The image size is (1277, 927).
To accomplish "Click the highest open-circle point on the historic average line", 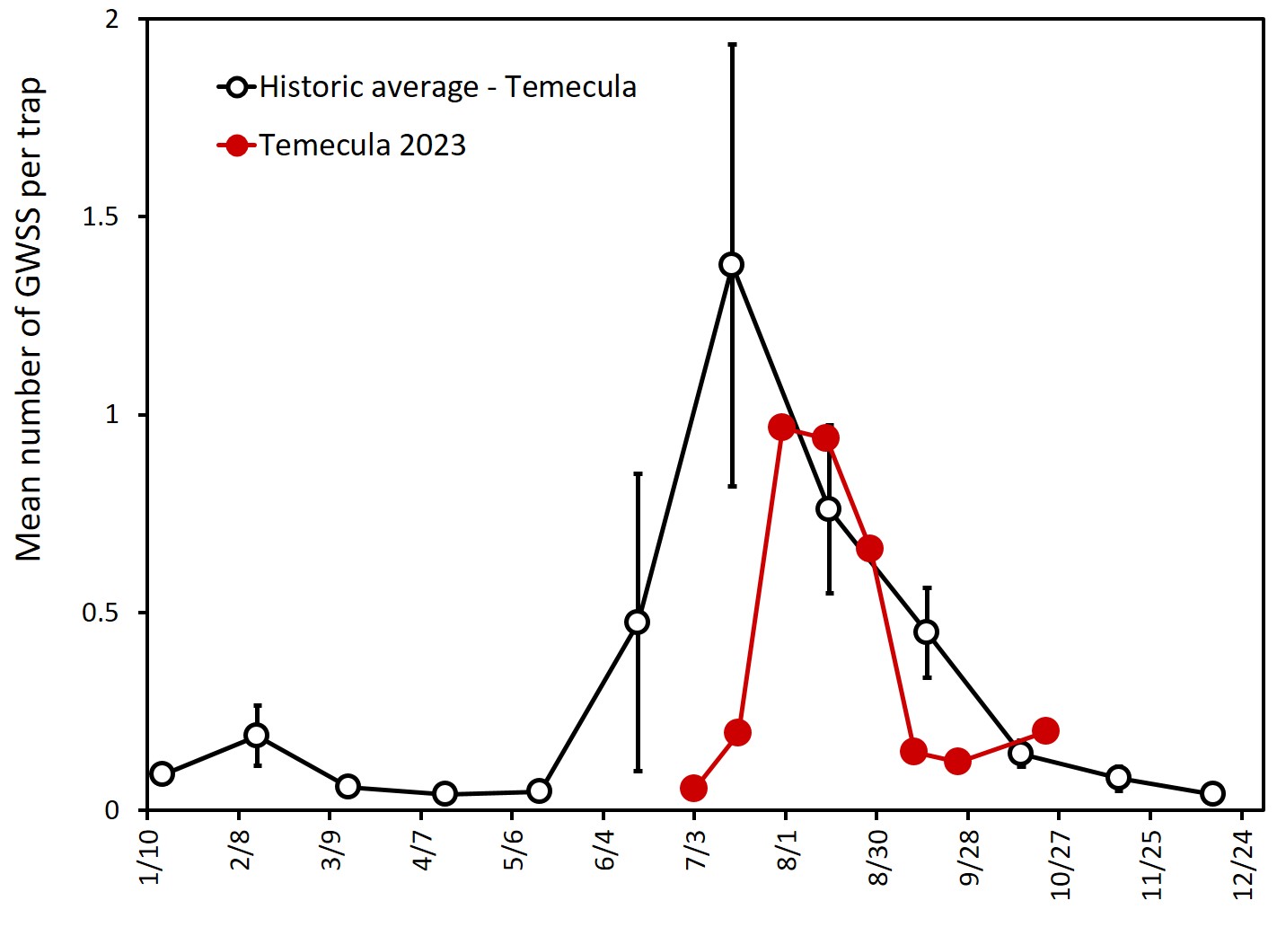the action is (731, 264).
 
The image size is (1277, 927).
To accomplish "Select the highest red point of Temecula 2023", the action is (781, 427).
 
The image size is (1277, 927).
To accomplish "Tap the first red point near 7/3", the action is (693, 789).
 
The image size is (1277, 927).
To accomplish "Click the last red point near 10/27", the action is (1045, 730).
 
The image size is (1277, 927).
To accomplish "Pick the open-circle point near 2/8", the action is (257, 735).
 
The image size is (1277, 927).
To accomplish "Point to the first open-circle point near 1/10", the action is (162, 773).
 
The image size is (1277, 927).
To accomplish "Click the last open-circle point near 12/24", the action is (1212, 793).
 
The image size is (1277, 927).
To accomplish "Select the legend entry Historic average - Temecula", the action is (447, 87).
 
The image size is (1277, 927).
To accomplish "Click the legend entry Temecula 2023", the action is (363, 146).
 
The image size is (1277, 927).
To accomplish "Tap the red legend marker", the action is (236, 146).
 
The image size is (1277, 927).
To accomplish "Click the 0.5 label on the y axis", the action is (101, 613).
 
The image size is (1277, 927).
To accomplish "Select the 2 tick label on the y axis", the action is (111, 20).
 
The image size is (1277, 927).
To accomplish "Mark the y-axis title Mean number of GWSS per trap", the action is (29, 319).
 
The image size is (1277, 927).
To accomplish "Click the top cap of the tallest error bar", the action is (732, 44).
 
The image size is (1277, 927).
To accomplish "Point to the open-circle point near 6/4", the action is (637, 622).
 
